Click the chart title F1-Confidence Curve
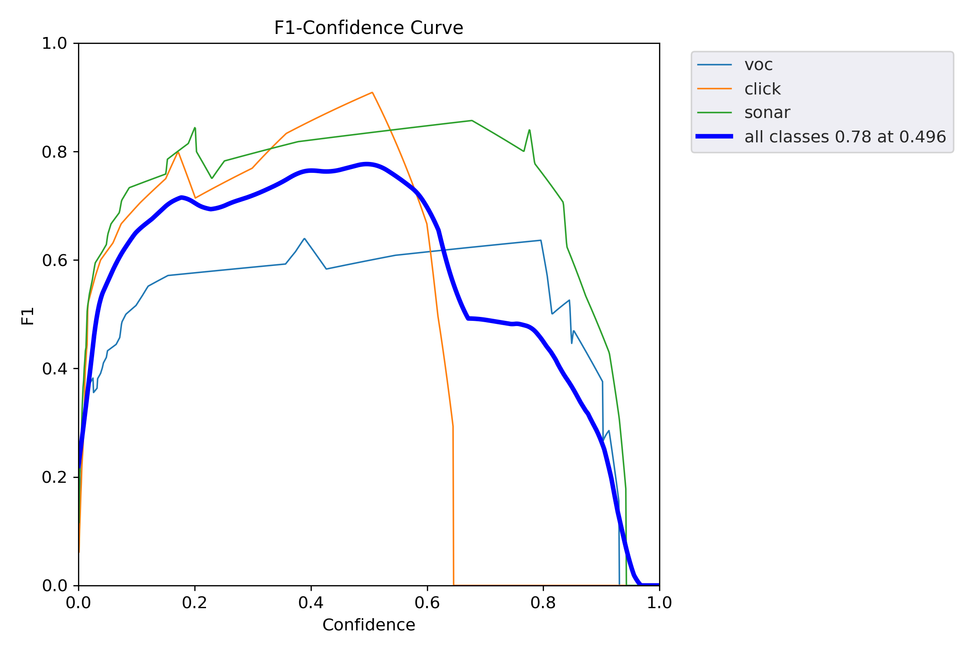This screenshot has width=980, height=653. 368,28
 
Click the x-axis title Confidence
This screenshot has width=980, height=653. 368,625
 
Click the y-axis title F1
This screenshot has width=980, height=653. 27,316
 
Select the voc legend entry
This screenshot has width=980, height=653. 758,65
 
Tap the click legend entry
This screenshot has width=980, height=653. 762,89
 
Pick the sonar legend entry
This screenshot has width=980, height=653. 767,113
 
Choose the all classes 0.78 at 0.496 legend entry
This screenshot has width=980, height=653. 845,137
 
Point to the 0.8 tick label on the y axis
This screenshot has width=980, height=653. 54,152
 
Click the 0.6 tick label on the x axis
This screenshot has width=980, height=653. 427,603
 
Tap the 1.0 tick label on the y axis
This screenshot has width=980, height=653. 54,44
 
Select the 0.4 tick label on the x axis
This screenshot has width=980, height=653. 311,603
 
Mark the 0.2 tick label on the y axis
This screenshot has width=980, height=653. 54,477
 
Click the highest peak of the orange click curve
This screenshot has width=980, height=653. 372,92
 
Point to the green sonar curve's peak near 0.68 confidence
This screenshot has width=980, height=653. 472,121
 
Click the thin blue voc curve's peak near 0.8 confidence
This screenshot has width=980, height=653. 541,240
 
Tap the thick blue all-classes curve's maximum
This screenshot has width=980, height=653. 367,164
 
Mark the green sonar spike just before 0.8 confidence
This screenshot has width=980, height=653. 529,130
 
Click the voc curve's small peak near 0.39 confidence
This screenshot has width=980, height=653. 304,239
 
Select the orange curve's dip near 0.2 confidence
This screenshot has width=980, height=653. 195,198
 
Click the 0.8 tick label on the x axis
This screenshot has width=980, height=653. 543,603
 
